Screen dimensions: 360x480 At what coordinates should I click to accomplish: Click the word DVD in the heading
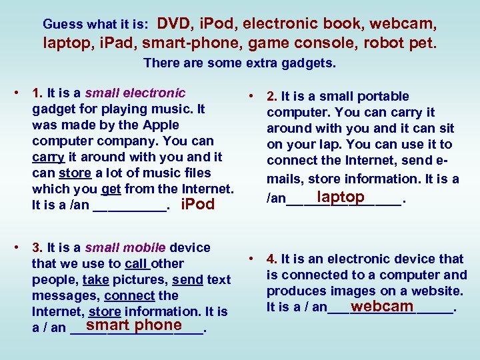point(173,24)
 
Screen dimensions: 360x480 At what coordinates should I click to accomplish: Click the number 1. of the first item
point(37,93)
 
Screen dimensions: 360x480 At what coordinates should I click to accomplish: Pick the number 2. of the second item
point(272,97)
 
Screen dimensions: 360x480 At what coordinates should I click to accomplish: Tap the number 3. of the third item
point(37,248)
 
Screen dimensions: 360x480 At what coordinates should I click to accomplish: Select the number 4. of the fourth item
point(272,259)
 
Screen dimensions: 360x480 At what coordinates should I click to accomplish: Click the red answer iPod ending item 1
point(198,205)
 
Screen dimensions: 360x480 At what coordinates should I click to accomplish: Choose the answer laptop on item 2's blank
point(341,197)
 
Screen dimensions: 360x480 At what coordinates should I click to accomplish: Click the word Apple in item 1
point(162,125)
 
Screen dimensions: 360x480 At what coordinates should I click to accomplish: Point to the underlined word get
point(111,189)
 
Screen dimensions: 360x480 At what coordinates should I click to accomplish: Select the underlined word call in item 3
point(136,264)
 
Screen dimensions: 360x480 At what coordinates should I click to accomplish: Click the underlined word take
point(96,280)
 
